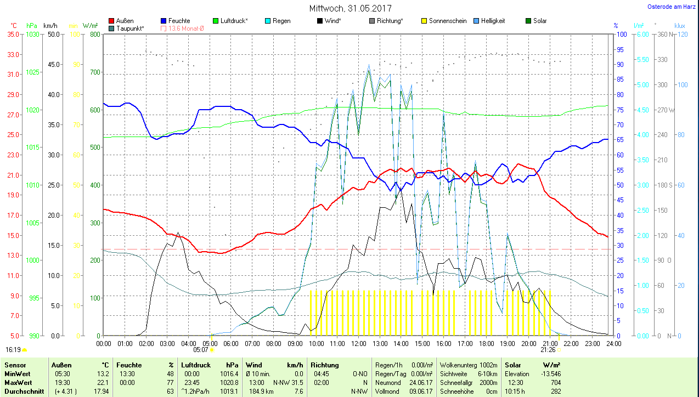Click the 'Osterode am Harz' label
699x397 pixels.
click(x=672, y=7)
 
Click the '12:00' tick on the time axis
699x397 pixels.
click(x=358, y=343)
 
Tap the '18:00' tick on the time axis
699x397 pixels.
click(x=486, y=343)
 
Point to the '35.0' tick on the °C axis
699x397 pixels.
click(x=13, y=34)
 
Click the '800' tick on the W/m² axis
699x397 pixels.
click(x=94, y=34)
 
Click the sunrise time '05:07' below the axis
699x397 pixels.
click(x=201, y=349)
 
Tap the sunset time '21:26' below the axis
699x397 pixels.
click(x=548, y=349)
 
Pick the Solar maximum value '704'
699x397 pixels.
click(x=555, y=383)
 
